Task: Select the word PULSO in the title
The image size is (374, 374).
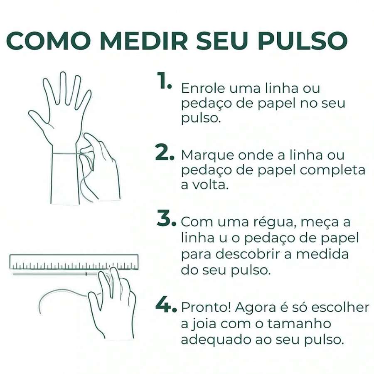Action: coord(302,41)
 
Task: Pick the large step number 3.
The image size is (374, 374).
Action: coord(167,218)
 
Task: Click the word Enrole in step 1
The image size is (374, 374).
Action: coord(203,88)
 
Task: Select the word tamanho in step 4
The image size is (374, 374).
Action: coord(299,324)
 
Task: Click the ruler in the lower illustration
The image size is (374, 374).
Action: coord(74,262)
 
